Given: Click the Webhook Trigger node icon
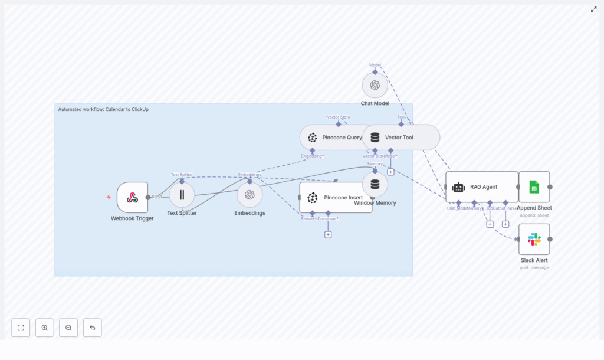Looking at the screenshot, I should pyautogui.click(x=132, y=197).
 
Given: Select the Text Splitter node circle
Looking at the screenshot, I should pyautogui.click(x=182, y=195).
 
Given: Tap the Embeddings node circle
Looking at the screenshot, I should pyautogui.click(x=250, y=195).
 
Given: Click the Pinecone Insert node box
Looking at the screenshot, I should pyautogui.click(x=336, y=197).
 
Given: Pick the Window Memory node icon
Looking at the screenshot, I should pyautogui.click(x=375, y=184).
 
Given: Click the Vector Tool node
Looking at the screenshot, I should pyautogui.click(x=401, y=138).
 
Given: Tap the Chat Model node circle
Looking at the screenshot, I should pyautogui.click(x=375, y=85).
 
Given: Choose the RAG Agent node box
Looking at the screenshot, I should pyautogui.click(x=482, y=187).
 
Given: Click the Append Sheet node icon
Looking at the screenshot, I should pyautogui.click(x=534, y=187).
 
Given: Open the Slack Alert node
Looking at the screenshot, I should pyautogui.click(x=534, y=239).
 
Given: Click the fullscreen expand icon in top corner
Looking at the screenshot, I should pyautogui.click(x=594, y=9).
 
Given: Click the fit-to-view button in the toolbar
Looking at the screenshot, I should pyautogui.click(x=21, y=328).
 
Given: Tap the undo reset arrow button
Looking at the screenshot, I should pyautogui.click(x=92, y=328).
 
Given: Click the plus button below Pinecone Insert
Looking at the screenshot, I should pyautogui.click(x=328, y=234).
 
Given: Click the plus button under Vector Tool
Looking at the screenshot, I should pyautogui.click(x=390, y=172).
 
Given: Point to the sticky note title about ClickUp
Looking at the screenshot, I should pyautogui.click(x=103, y=109).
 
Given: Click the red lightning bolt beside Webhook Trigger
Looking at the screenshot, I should pyautogui.click(x=109, y=197).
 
